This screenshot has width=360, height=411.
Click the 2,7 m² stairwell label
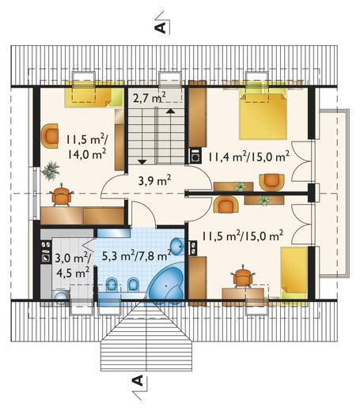tap(150, 98)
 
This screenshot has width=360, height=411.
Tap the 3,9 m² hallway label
tap(154, 180)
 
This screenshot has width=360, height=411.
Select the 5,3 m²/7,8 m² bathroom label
tap(136, 256)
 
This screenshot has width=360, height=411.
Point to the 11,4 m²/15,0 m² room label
tap(249, 157)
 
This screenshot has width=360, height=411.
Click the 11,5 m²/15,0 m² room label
tap(243, 236)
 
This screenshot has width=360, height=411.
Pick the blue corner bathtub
tap(166, 285)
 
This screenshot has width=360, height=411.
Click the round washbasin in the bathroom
tap(177, 246)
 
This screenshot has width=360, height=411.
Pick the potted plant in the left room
tap(50, 171)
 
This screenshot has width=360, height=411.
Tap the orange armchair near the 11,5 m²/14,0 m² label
tap(50, 136)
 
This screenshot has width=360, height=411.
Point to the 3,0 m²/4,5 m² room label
tap(72, 266)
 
